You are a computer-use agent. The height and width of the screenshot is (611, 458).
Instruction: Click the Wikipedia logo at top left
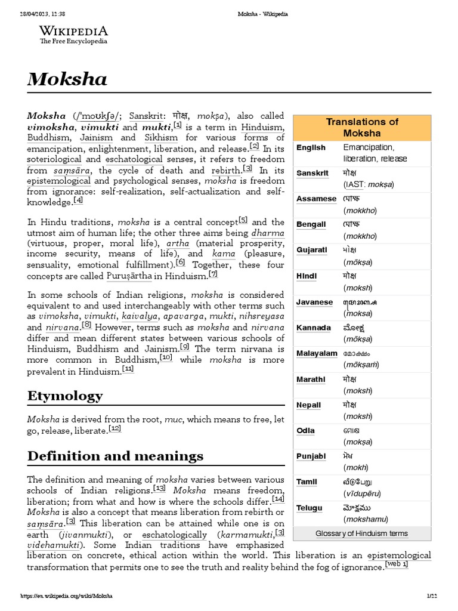(x=73, y=35)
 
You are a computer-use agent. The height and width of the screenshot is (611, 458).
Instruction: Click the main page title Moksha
(x=67, y=79)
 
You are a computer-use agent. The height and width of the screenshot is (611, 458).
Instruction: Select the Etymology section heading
(x=65, y=396)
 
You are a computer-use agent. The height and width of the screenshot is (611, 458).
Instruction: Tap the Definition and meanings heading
(x=115, y=456)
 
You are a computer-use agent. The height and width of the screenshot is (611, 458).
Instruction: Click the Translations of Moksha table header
(x=362, y=127)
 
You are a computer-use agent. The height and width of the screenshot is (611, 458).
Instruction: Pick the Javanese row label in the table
(x=315, y=302)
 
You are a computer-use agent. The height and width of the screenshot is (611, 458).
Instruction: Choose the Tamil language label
(x=307, y=482)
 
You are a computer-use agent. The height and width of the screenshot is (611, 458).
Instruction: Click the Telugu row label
(x=310, y=508)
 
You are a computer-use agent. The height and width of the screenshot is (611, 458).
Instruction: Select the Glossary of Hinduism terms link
(x=362, y=533)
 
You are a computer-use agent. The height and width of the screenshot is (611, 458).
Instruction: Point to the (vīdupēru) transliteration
(x=362, y=494)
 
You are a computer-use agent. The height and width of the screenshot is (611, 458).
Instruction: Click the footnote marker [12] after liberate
(x=116, y=428)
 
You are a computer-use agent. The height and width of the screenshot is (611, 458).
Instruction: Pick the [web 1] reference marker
(x=397, y=564)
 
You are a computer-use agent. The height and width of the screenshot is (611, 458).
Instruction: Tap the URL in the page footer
(x=67, y=596)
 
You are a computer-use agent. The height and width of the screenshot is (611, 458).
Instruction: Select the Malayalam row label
(x=317, y=353)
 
